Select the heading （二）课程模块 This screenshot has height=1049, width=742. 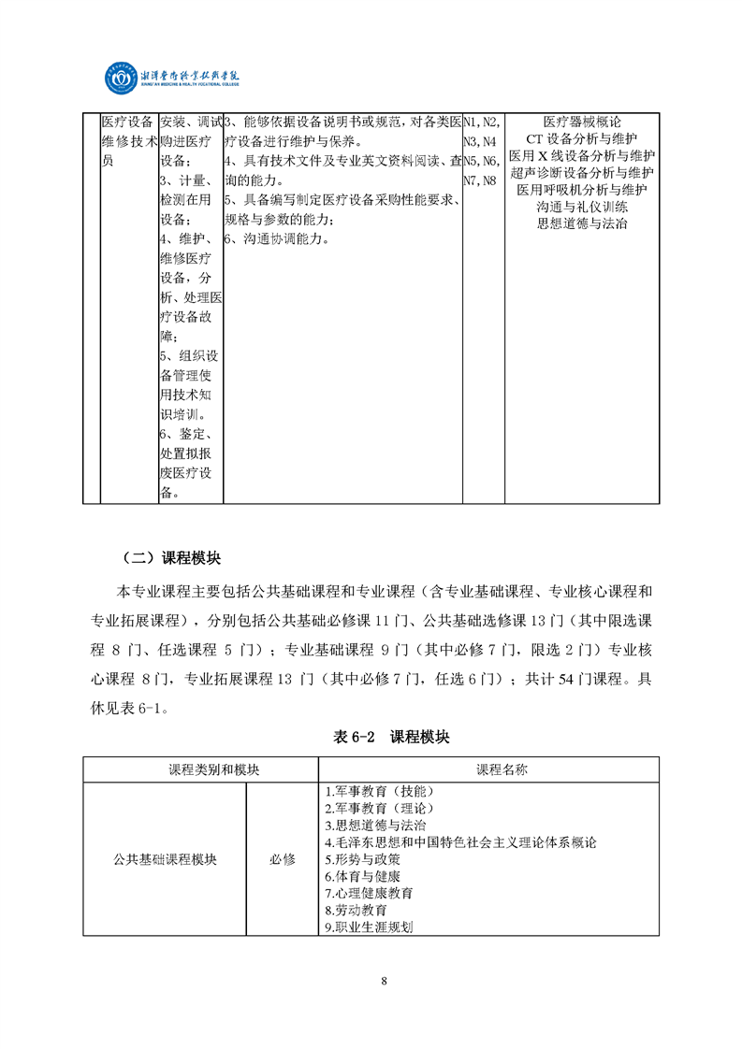[x=171, y=558]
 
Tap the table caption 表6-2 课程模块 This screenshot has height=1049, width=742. [x=391, y=738]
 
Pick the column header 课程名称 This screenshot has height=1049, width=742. [x=502, y=769]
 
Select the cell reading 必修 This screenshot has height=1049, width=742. [x=282, y=859]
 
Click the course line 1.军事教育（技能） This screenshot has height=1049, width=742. [x=372, y=791]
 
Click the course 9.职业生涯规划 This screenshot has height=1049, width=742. [x=369, y=927]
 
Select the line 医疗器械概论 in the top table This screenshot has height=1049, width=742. [x=582, y=122]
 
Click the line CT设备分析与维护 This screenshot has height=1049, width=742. [x=582, y=138]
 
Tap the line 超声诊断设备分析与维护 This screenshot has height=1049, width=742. [x=582, y=172]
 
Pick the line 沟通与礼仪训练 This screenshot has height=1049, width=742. [x=582, y=207]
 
